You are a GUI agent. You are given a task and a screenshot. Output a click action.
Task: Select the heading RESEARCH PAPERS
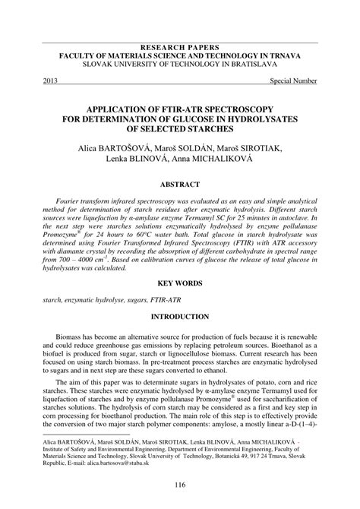(179, 46)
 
